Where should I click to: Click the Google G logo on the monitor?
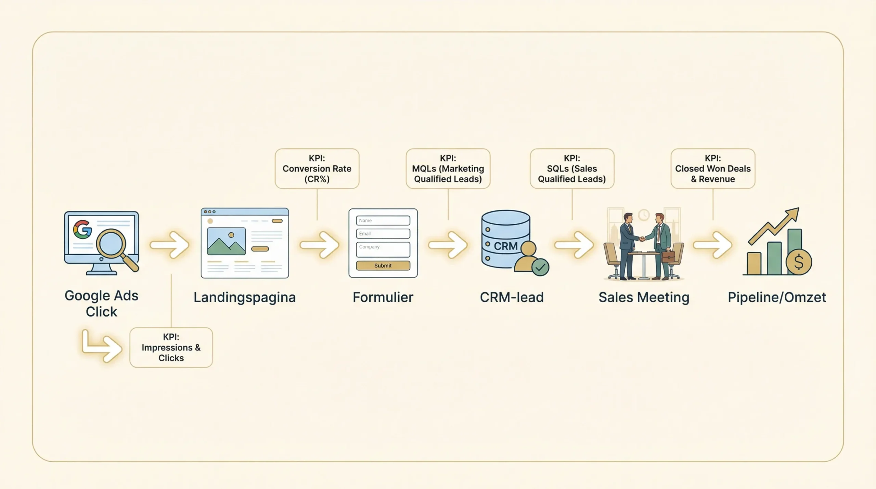click(82, 229)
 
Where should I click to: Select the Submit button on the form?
click(383, 266)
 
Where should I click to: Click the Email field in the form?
click(383, 234)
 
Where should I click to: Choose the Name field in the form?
click(383, 220)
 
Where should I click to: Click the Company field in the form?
click(383, 249)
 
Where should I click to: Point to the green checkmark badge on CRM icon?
click(540, 267)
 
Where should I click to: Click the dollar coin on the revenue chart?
click(799, 262)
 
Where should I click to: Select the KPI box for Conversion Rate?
click(317, 168)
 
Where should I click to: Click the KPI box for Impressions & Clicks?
click(171, 347)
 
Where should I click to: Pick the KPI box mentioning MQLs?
click(448, 168)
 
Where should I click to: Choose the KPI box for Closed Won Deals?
click(713, 168)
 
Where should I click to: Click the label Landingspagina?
click(244, 297)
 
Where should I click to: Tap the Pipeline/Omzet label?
click(777, 297)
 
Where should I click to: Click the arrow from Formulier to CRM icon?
click(448, 245)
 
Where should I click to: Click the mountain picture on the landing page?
click(226, 241)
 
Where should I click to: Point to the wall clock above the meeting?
click(644, 215)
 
